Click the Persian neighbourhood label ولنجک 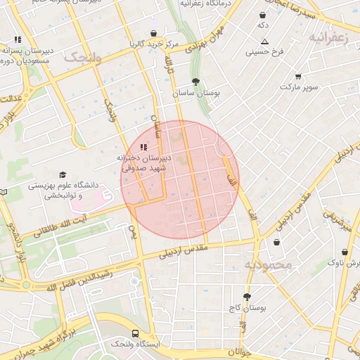coord(83,58)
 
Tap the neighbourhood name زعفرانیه coord(328,38)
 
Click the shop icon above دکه coord(263,15)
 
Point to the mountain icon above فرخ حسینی coord(264,41)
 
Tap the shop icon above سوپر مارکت coord(298,76)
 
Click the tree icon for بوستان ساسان coord(195,82)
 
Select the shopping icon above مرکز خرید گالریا coord(153,33)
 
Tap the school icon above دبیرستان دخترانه coord(143,147)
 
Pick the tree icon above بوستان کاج coord(246,297)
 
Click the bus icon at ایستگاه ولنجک coord(135,333)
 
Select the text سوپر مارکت coord(299,87)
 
